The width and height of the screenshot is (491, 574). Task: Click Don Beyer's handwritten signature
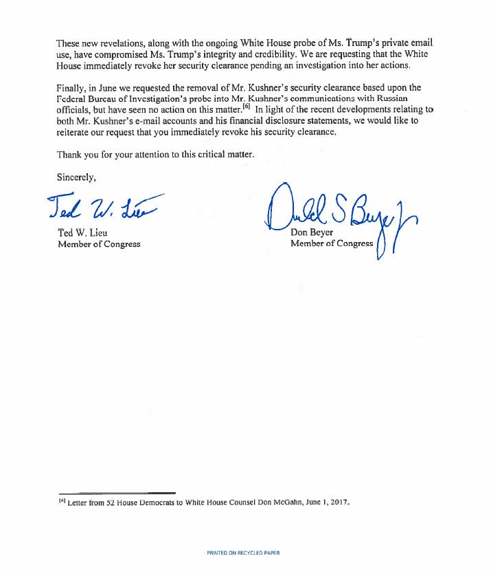[340, 214]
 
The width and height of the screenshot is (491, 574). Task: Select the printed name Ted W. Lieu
[83, 232]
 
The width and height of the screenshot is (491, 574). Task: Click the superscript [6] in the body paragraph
[248, 108]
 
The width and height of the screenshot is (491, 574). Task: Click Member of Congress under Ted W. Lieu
[100, 244]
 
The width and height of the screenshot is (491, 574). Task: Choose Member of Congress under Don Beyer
[332, 243]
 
